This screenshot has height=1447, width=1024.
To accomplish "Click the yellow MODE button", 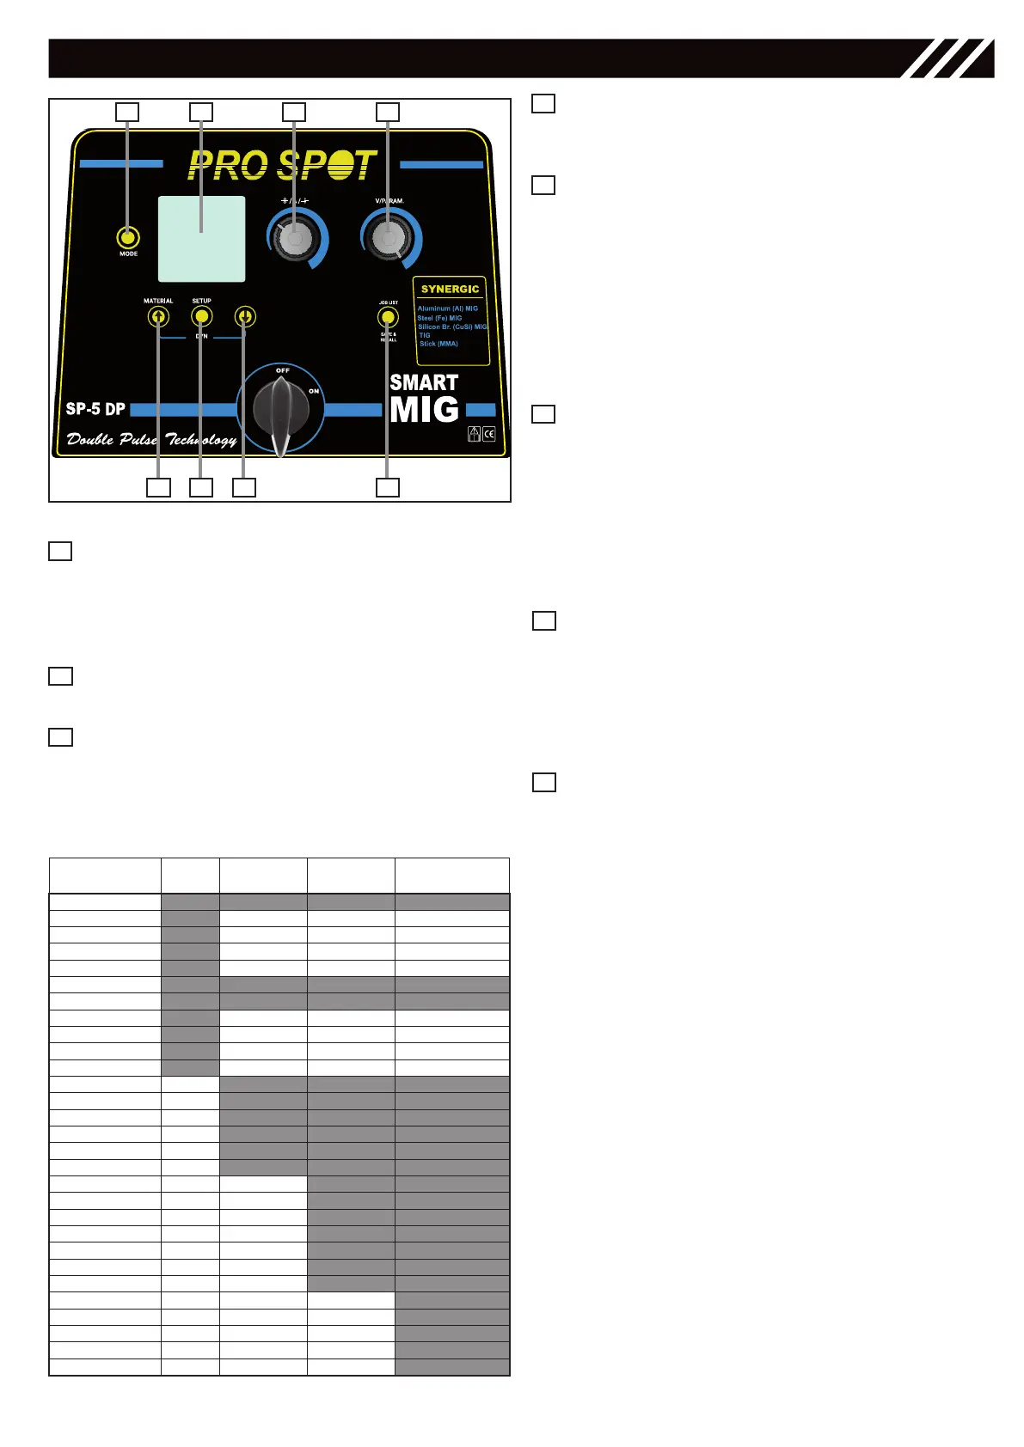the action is point(128,238).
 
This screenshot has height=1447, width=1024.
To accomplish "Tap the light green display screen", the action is point(201,239).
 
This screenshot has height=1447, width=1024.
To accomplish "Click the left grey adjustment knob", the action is point(294,240).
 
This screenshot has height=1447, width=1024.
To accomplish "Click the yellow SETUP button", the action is point(201,316).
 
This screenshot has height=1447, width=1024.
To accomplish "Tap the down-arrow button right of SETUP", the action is point(245,316).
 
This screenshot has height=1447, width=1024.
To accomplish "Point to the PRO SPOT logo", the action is point(282,165).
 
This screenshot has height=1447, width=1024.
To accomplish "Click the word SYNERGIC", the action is point(450,290).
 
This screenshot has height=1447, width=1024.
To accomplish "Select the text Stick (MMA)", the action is point(438,344).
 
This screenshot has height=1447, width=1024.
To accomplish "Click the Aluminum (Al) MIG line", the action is point(447,308).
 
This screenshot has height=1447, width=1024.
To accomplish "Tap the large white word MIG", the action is point(424,410).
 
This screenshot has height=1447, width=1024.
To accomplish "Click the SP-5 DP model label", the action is point(95,409).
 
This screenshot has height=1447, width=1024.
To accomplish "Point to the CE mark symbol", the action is point(489,434).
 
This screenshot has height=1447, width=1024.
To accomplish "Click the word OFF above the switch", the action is point(282,370).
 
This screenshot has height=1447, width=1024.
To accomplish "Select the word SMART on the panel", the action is point(424,382).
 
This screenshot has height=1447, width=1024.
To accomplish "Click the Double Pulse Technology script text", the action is point(151,440).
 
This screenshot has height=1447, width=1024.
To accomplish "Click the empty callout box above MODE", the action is point(127,112).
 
